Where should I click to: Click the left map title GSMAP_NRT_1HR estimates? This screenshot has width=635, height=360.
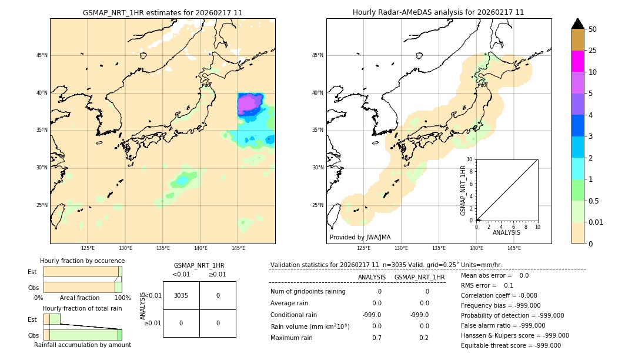[162, 12]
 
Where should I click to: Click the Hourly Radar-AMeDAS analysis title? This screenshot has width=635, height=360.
[438, 12]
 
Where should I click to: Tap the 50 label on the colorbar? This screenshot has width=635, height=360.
[593, 29]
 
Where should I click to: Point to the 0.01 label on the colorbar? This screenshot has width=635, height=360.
[596, 222]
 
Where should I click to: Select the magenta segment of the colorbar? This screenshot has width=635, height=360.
[577, 61]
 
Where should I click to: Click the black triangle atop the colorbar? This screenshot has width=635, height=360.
[577, 24]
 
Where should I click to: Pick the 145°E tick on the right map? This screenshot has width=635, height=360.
[514, 248]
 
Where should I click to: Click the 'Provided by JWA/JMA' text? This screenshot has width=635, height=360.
[360, 237]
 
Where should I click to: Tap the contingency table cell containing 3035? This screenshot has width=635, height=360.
[181, 295]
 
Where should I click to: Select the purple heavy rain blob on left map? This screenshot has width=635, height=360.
[249, 105]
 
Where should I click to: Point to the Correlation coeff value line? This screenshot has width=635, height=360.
[499, 296]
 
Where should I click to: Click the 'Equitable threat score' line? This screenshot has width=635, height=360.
[510, 345]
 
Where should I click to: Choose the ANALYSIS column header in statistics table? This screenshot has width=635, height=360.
[372, 277]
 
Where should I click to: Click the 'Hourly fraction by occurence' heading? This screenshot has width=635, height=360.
[82, 261]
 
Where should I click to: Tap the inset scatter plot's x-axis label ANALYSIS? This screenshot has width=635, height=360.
[506, 232]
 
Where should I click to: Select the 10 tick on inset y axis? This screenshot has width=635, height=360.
[470, 159]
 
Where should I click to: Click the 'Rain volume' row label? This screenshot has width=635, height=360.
[310, 326]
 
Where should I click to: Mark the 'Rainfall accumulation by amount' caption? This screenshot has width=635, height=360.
[82, 345]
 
